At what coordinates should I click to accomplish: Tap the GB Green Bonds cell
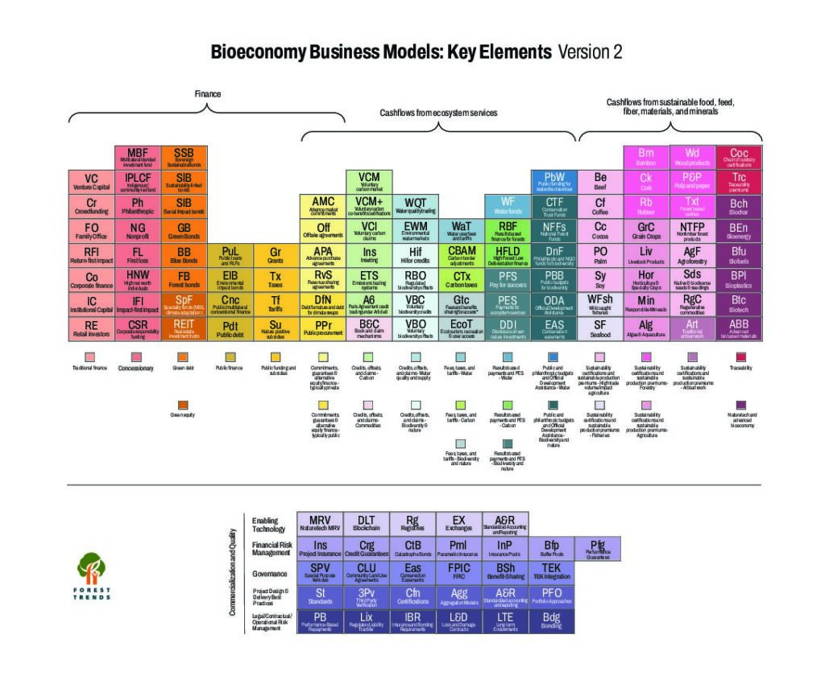pos(184,232)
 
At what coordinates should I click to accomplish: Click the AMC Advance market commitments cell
pos(322,206)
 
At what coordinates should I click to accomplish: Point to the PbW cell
pos(554,182)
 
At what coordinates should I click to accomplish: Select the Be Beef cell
pos(600,182)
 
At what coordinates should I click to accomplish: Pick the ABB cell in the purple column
pos(739,330)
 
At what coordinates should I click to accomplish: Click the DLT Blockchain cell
pos(367,525)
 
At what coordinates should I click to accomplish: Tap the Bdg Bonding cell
pos(551,621)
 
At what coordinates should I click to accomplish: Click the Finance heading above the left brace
pos(208,94)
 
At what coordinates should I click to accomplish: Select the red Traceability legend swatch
pos(740,356)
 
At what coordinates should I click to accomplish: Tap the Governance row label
pos(269,575)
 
